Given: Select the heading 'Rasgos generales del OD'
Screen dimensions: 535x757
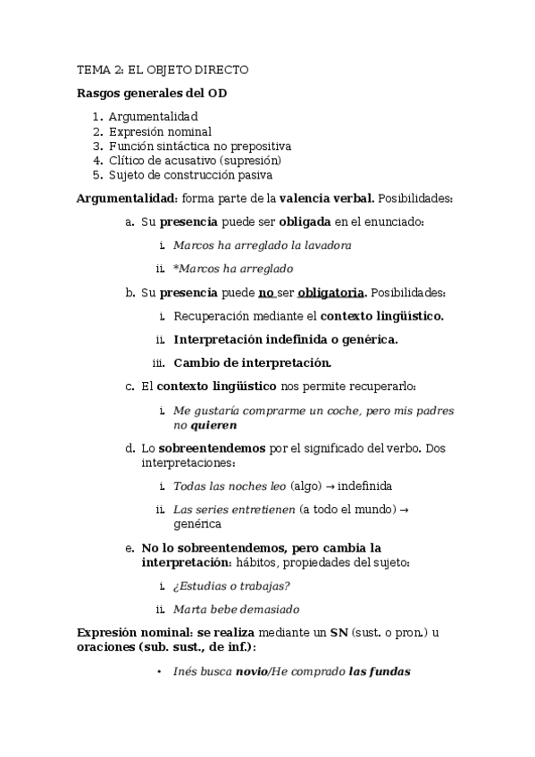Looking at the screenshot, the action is [x=146, y=93].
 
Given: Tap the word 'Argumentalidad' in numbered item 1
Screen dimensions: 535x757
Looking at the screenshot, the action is [x=153, y=116].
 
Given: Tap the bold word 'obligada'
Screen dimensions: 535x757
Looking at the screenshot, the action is [x=305, y=221].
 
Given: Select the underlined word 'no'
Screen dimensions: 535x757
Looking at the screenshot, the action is [x=264, y=292].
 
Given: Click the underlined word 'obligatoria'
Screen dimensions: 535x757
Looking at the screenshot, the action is [x=330, y=292].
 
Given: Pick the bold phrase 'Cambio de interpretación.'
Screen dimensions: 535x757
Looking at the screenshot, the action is [x=253, y=362].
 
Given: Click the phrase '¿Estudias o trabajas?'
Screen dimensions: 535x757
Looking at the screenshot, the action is [x=231, y=586].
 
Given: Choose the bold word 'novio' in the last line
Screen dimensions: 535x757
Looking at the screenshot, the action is [x=250, y=672].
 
